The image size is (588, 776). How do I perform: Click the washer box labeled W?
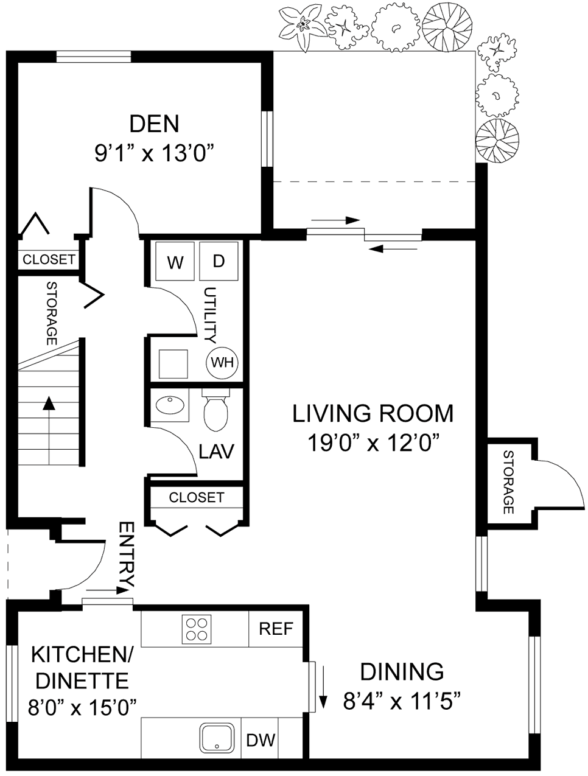pos(175,262)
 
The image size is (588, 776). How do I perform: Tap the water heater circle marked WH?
pos(222,363)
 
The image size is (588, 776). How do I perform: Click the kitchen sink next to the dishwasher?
pos(217,738)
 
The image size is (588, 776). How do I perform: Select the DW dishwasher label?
pos(261,740)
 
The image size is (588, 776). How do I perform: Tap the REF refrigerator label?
pos(276,628)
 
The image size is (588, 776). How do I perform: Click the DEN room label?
pos(155,124)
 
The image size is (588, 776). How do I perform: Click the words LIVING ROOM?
pos(373,413)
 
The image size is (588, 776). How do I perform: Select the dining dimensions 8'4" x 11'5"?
pos(401,702)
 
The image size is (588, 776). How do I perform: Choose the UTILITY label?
pos(210,315)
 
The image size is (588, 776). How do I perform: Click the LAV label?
pos(217,451)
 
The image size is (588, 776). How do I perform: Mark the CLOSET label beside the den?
pos(49,259)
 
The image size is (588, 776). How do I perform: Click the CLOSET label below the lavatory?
pos(196,497)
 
